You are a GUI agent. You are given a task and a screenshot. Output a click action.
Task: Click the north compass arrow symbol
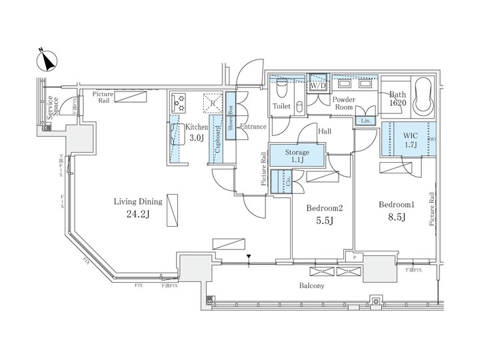coord(45,61)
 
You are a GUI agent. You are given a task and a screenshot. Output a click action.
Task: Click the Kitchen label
coord(197,127)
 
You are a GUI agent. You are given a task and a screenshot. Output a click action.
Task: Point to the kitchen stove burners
coord(179,102)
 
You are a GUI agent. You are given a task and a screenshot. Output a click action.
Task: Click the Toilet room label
coord(281,107)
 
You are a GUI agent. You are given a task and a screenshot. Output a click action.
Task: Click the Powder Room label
coord(344,102)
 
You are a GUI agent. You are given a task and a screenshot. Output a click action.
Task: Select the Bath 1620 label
coord(397,99)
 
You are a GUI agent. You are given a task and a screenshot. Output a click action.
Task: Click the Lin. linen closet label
coord(365,121)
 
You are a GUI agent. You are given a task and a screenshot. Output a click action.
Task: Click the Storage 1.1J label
coord(297,157)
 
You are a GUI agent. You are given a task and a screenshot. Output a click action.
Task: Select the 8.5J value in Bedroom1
coord(397,217)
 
